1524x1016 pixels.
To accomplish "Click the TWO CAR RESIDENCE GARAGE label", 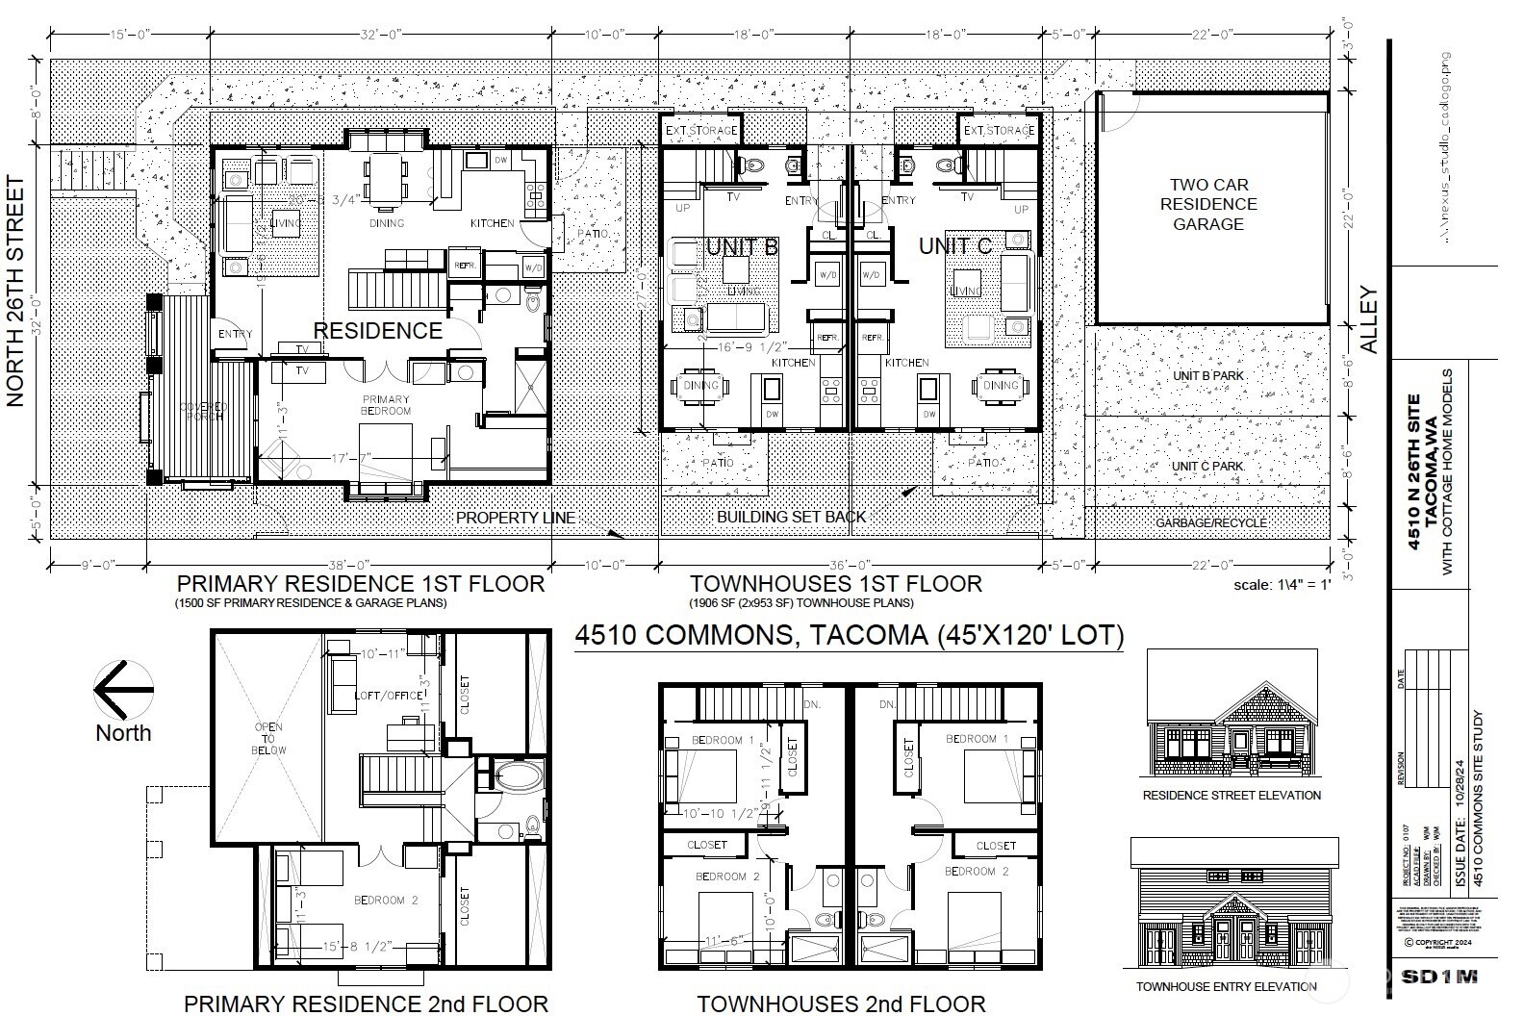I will coord(1207,204).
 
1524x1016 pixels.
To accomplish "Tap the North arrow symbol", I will coord(123,690).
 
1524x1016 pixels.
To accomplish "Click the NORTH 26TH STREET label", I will coord(15,292).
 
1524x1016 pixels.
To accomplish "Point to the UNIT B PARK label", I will coord(1208,375).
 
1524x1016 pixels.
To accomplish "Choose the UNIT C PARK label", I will coord(1208,466).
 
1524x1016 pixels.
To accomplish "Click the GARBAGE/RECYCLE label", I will coord(1211,522).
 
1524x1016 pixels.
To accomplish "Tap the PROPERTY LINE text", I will coord(515,518).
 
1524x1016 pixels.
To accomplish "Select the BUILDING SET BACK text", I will coord(791,517).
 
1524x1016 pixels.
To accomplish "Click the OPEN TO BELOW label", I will coord(268,738).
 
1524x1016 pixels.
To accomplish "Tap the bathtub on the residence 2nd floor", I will coord(519,777).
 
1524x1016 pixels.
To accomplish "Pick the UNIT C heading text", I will coord(954,246).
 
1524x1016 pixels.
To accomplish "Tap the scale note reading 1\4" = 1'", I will coord(1282,585).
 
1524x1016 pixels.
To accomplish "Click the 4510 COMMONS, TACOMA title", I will coord(848,636).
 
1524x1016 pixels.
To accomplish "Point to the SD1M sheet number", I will coord(1438,977).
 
